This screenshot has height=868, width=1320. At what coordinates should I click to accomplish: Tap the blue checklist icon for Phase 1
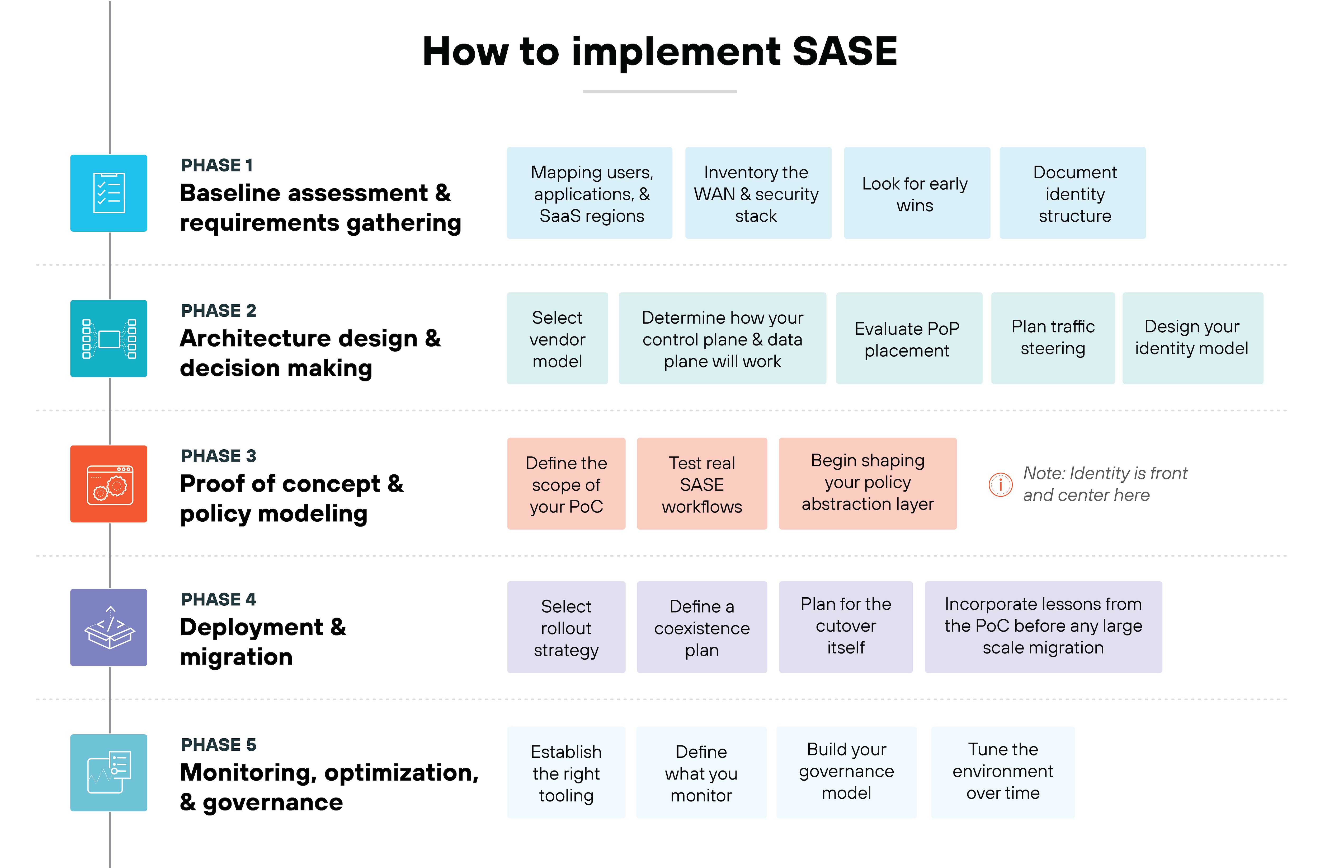[109, 193]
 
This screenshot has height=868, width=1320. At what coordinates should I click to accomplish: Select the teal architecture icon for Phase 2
[109, 339]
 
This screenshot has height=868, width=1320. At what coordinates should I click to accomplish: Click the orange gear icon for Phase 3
[109, 484]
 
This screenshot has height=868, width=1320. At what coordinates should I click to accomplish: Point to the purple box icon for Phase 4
[109, 627]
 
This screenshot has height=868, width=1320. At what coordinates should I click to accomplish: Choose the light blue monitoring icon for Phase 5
[109, 773]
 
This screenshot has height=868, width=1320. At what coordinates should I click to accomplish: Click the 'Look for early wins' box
[916, 193]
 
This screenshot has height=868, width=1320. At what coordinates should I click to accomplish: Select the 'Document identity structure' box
[1072, 193]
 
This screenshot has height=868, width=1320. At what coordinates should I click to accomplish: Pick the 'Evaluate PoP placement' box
[908, 339]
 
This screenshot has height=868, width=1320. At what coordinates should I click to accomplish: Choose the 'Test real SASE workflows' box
[702, 484]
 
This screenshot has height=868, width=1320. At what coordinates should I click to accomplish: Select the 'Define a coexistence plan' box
[702, 627]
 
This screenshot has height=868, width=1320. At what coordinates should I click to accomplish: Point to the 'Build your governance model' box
[846, 773]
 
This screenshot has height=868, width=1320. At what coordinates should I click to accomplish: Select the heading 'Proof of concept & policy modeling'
[291, 498]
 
